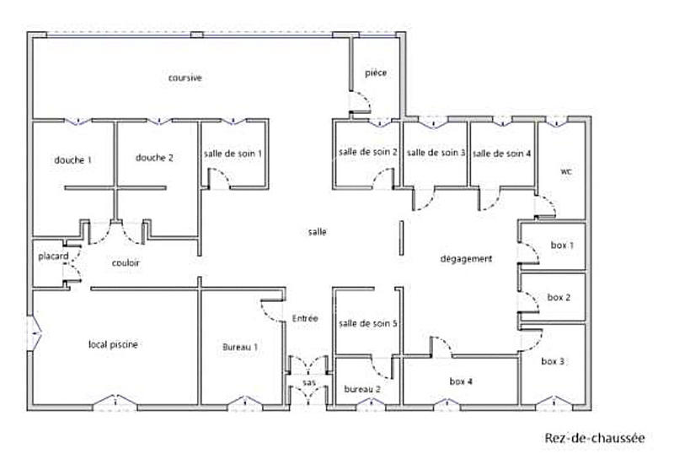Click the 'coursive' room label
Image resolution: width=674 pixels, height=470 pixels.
(185, 78)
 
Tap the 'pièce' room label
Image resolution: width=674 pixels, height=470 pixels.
(376, 73)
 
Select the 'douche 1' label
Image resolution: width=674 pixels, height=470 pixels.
(72, 159)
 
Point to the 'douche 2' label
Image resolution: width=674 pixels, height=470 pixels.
(154, 158)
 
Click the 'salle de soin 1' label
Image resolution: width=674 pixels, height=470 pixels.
(233, 154)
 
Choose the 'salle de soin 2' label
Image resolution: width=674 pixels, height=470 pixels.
(367, 153)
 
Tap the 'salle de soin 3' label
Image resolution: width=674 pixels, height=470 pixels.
(436, 153)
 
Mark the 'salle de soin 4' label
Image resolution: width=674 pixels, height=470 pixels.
(502, 154)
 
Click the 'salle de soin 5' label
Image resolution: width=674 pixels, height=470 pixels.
(367, 323)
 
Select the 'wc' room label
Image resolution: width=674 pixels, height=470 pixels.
(566, 170)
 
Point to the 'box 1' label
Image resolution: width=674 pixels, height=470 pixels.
(562, 245)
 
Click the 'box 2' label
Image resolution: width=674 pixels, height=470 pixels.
(559, 297)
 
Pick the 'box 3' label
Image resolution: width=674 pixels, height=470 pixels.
(553, 361)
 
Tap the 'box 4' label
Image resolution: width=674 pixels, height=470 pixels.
(460, 382)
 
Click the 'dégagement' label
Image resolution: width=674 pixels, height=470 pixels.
(466, 259)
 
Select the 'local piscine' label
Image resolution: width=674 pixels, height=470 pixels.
(114, 344)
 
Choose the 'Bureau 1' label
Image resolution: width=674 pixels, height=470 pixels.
(240, 347)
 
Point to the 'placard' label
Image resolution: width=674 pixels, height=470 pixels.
(52, 257)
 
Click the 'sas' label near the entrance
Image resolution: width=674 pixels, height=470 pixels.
(309, 383)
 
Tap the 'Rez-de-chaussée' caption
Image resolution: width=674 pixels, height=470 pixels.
(594, 438)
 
